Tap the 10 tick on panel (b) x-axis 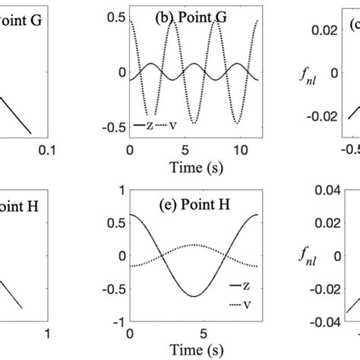240,149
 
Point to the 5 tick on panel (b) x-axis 187,149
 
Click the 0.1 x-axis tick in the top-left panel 49,149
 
